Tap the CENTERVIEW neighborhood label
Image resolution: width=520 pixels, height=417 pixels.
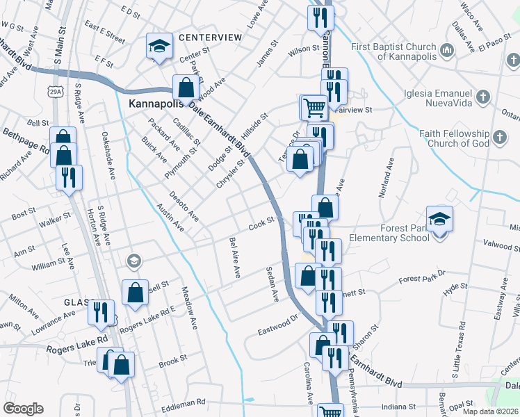[x=209, y=37]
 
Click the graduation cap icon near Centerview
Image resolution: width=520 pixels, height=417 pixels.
[x=159, y=47]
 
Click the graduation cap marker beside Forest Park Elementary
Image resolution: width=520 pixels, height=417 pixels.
[x=440, y=220]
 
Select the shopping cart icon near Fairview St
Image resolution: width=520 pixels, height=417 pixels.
[x=314, y=108]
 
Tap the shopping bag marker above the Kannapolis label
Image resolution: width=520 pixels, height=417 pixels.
[x=186, y=88]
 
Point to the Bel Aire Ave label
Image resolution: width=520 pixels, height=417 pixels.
[x=234, y=258]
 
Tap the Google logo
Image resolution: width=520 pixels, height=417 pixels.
[x=24, y=408]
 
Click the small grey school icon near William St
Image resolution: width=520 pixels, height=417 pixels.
[x=133, y=261]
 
